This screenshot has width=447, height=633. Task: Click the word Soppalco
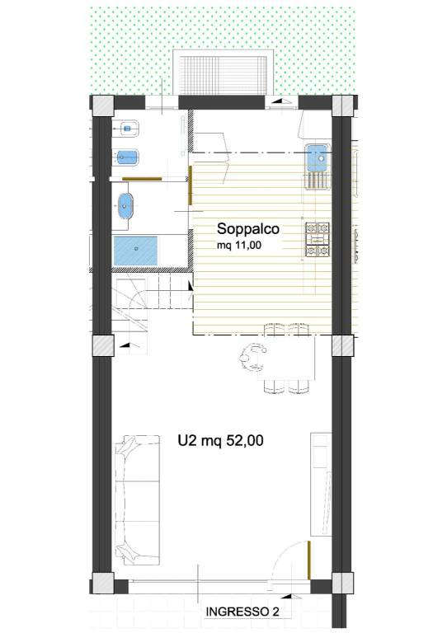tap(248, 229)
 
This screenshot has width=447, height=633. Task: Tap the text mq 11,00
tap(239, 245)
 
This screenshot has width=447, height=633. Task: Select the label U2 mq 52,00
tap(220, 440)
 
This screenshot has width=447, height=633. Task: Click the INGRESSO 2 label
tap(242, 612)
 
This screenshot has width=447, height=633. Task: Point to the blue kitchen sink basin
tap(318, 157)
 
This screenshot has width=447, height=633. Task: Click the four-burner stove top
tap(318, 239)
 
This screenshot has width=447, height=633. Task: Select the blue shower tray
tap(135, 251)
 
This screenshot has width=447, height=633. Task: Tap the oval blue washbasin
tap(125, 206)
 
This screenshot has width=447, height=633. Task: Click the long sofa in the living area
tap(137, 499)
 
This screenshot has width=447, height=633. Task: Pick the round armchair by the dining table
tap(252, 356)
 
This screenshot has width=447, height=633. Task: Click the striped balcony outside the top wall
tap(223, 73)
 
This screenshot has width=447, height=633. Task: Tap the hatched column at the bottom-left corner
tap(102, 584)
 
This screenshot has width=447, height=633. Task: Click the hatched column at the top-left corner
tap(102, 105)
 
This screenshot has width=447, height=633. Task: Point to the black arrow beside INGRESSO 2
tap(287, 596)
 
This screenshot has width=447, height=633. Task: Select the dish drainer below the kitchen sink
tap(318, 181)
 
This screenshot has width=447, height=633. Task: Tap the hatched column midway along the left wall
tap(102, 346)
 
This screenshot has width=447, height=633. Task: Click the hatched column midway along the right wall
tap(342, 346)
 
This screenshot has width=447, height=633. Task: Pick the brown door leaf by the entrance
tap(309, 560)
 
